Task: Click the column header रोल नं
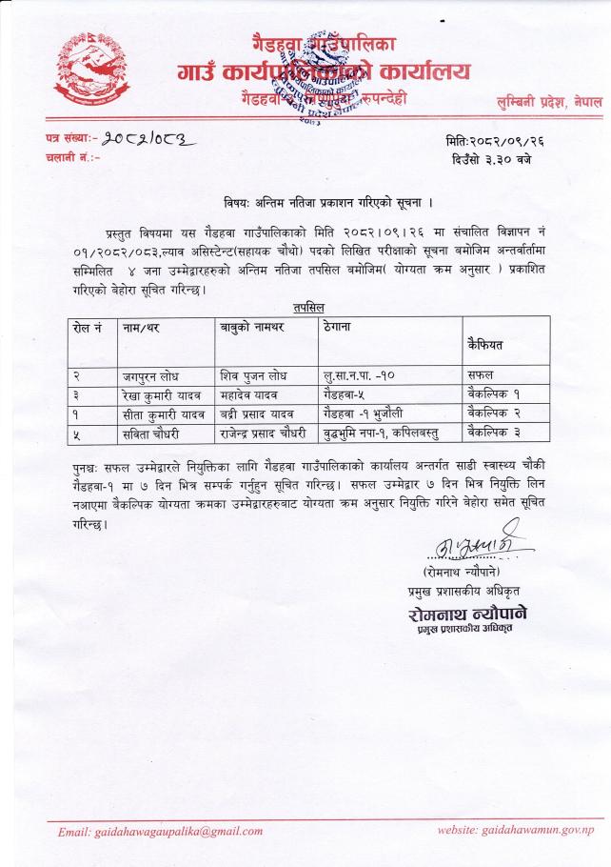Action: click(x=88, y=328)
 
